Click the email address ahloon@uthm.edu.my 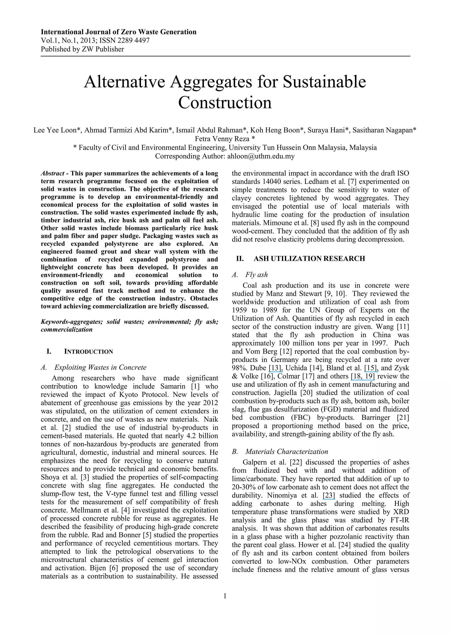261,156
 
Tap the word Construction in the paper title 225,102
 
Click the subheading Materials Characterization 287,451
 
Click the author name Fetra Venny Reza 222,139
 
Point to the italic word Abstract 52,173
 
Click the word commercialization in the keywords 67,330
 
